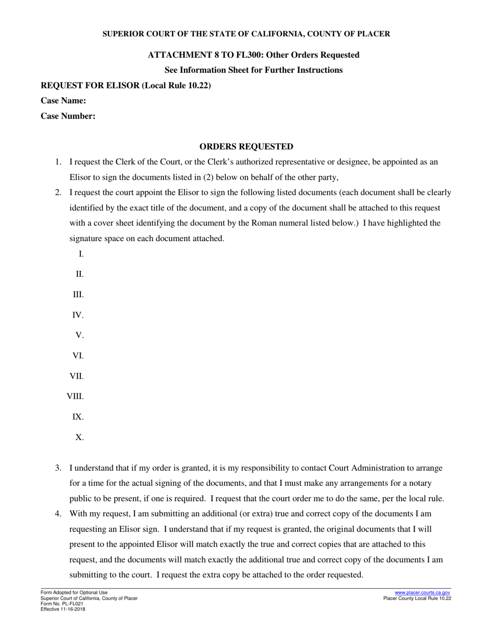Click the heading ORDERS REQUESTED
pos(246,147)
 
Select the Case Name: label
pos(63,101)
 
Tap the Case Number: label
pos(68,116)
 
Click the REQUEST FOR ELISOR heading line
pos(126,86)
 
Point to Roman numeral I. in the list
pos(81,254)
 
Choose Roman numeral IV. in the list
pos(78,315)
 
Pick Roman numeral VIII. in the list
pos(75,397)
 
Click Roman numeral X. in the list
pos(79,437)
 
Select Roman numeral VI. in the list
pos(78,356)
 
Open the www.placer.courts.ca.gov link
pos(422,592)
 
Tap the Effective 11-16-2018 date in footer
pos(63,609)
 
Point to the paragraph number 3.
pos(58,468)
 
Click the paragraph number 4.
pos(58,514)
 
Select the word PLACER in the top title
pos(374,34)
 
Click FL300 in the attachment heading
pos(250,55)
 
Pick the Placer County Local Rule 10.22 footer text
pos(417,598)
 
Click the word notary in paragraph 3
pos(419,483)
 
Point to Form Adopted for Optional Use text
pos(74,593)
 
